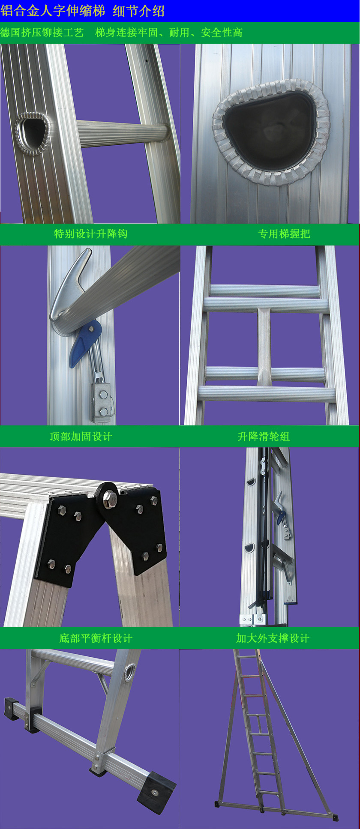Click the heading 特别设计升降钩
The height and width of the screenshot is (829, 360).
pos(91,233)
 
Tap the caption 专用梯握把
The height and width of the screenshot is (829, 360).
pos(284,233)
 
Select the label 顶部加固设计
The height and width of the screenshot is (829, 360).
pos(81,436)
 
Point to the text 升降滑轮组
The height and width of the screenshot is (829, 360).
pos(264,436)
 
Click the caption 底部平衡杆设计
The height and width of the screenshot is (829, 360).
pos(96,638)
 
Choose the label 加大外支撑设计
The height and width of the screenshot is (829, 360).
pos(273,638)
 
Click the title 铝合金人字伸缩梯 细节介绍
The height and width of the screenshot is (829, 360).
pos(83,11)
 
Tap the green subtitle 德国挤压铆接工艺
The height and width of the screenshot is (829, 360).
pos(42,33)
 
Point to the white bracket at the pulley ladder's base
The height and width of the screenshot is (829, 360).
pos(253,619)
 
